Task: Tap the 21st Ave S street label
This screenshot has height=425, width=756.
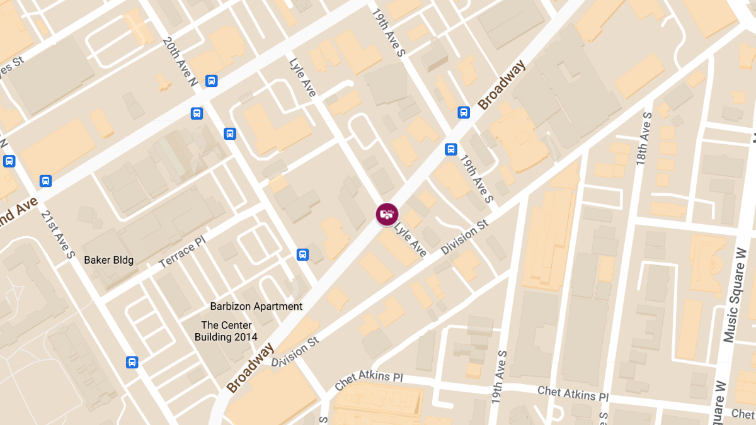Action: point(59,234)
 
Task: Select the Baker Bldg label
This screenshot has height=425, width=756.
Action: point(109,259)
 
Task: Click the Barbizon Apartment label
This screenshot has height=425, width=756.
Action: point(256,307)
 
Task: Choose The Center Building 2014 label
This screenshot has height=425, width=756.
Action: point(226,331)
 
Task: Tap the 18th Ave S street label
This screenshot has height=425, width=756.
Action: point(643,139)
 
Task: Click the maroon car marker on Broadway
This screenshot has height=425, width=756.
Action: point(387,215)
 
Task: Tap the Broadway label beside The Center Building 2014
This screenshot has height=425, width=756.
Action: point(251,368)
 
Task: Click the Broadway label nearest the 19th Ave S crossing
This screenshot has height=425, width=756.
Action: point(501,86)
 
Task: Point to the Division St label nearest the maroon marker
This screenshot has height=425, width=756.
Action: point(465,237)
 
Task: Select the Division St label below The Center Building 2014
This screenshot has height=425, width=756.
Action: point(295,352)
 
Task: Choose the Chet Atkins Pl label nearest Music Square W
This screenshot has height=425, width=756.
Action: point(573,394)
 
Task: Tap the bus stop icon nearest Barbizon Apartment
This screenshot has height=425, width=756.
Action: point(303,254)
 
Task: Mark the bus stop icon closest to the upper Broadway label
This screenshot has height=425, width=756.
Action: point(464,113)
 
